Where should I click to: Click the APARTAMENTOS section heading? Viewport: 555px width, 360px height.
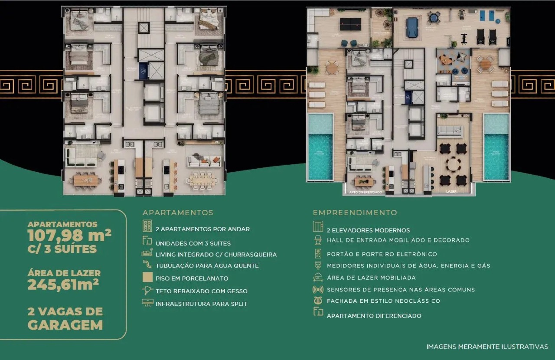click(x=178, y=213)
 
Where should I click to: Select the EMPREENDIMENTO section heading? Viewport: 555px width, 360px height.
click(x=355, y=213)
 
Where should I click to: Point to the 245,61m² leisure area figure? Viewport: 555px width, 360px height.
click(x=63, y=285)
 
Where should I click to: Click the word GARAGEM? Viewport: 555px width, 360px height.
click(x=65, y=325)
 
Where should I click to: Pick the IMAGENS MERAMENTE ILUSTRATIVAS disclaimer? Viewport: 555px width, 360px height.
click(x=487, y=347)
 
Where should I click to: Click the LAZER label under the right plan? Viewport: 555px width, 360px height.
click(x=451, y=191)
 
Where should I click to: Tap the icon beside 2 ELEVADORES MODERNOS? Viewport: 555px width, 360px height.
click(x=318, y=226)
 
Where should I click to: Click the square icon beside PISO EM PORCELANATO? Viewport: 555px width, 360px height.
click(x=147, y=278)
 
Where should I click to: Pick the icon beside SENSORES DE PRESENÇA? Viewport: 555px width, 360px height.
click(x=318, y=289)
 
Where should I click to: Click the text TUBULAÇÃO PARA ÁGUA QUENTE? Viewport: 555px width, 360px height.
click(x=207, y=265)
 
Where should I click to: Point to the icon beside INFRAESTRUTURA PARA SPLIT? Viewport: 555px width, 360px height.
click(x=147, y=303)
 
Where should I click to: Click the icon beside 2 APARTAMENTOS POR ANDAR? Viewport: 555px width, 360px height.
click(x=147, y=226)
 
